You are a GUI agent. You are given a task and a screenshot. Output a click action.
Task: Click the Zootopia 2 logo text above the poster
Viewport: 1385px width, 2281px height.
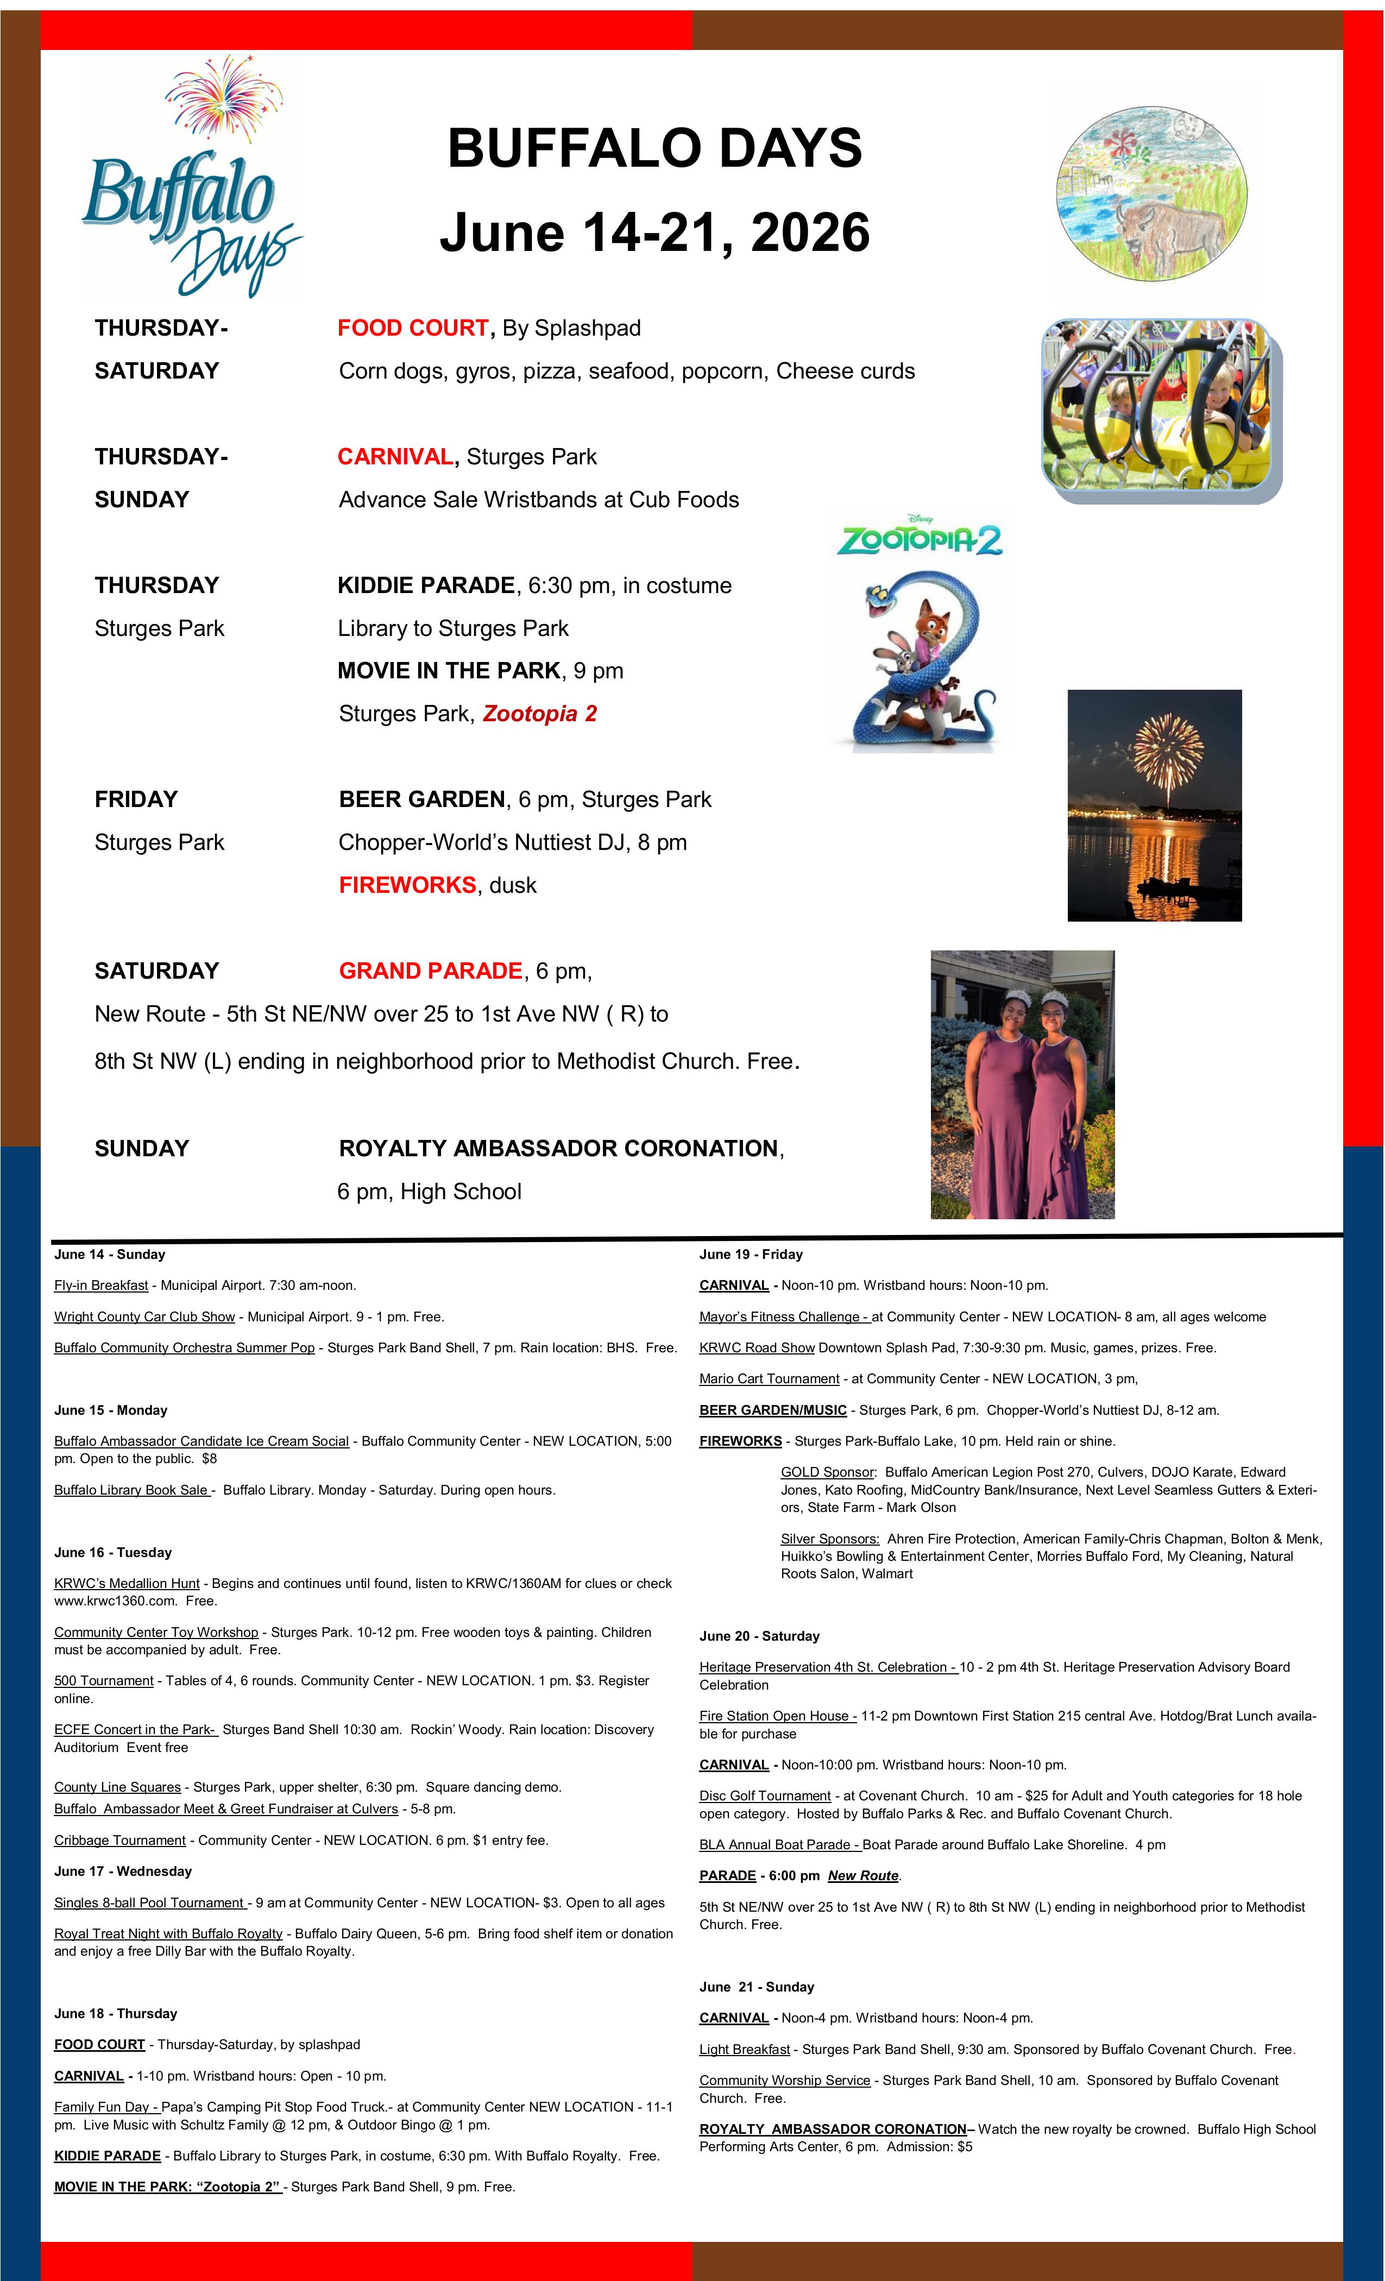tap(920, 538)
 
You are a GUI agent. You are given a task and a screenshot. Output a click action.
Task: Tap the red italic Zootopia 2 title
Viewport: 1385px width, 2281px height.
tap(540, 714)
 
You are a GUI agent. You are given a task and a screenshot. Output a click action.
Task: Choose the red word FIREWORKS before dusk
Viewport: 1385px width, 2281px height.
tap(407, 885)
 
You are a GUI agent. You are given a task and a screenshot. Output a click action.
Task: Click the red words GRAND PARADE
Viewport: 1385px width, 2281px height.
tap(431, 971)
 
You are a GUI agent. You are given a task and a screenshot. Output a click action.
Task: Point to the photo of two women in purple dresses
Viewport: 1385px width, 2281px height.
tap(1022, 1084)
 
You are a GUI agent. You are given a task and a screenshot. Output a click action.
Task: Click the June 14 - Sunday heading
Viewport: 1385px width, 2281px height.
tap(109, 1255)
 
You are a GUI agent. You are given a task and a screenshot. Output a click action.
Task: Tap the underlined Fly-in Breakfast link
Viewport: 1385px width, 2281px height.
tap(101, 1285)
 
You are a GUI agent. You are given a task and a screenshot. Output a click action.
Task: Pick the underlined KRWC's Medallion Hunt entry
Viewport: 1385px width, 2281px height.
tap(127, 1583)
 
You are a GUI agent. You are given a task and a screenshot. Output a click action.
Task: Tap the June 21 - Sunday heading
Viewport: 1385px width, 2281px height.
tap(757, 1987)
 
